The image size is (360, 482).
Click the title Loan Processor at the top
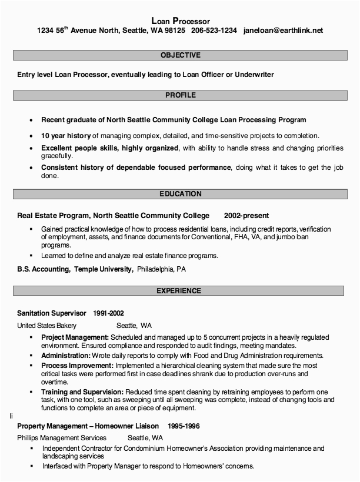(180, 21)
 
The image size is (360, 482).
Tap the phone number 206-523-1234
(214, 31)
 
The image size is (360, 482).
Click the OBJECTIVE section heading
(180, 55)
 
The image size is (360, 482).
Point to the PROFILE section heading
(180, 95)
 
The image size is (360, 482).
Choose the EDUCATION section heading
(180, 193)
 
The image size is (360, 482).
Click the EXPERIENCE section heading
(180, 291)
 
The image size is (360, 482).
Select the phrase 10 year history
(65, 135)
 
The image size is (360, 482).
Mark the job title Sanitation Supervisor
(52, 313)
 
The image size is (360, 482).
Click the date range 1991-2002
(108, 313)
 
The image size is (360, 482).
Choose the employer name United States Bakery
(46, 325)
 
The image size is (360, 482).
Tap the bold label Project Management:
(75, 337)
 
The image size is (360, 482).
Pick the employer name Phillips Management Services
(62, 438)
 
